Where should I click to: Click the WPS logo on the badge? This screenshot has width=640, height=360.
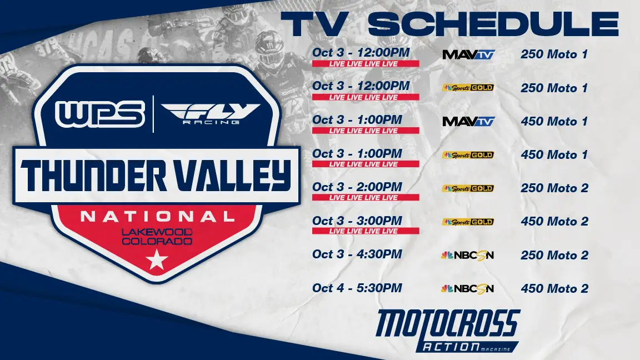[100, 114]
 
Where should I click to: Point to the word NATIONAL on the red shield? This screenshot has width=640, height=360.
[158, 216]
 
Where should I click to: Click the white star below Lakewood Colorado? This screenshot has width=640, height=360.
[157, 259]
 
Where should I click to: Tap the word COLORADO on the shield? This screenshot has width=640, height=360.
[157, 241]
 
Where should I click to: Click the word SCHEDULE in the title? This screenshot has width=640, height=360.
[493, 24]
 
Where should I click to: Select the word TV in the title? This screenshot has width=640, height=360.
[314, 24]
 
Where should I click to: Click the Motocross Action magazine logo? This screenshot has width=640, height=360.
[448, 331]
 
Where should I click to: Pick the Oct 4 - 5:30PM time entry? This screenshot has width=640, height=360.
[357, 288]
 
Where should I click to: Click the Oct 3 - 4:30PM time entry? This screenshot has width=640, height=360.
[357, 254]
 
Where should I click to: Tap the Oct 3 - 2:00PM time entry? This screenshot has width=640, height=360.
[357, 187]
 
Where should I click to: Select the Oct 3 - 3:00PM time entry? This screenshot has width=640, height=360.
[357, 221]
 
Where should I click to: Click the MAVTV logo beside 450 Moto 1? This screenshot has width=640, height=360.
[468, 121]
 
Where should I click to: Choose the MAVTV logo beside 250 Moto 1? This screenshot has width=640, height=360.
[468, 54]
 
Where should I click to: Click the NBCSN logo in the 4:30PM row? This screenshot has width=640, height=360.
[468, 255]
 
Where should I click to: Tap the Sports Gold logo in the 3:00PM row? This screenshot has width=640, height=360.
[468, 222]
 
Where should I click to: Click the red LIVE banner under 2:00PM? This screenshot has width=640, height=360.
[366, 198]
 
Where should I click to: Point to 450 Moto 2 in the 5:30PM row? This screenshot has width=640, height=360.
[554, 288]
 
